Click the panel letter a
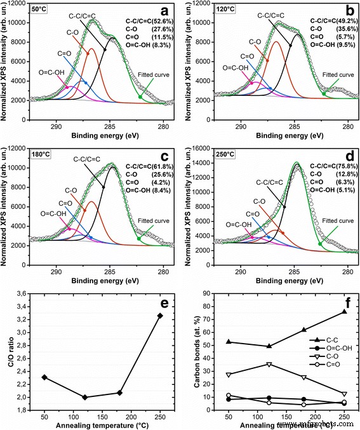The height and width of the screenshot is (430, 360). [164, 11]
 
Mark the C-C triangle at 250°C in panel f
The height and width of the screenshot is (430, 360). [343, 311]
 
